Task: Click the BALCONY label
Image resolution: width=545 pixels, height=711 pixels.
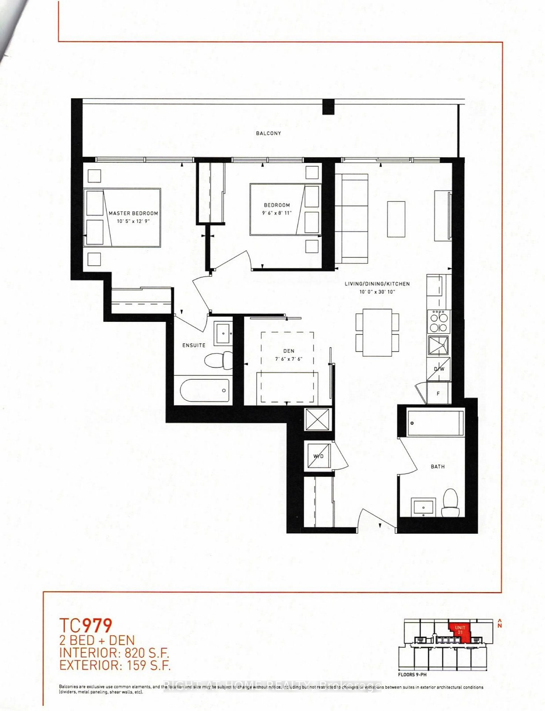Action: [268, 133]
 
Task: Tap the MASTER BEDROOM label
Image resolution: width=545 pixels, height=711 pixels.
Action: [133, 213]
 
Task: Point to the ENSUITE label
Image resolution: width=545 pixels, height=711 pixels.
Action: [194, 345]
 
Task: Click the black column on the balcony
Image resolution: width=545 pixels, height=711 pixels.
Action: [328, 107]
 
